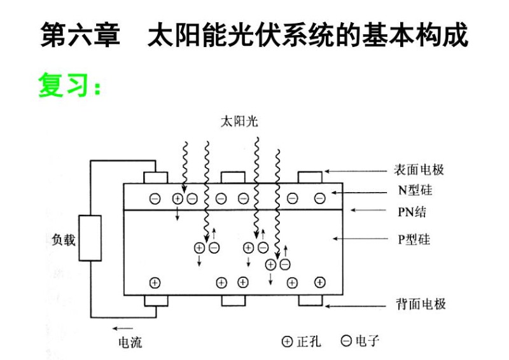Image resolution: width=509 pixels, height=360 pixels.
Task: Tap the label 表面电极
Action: pyautogui.click(x=419, y=170)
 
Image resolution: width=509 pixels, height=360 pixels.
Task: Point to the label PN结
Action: pyautogui.click(x=412, y=211)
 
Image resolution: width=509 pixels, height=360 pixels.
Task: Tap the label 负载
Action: pyautogui.click(x=64, y=240)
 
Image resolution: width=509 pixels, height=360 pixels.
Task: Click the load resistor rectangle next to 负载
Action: pyautogui.click(x=90, y=239)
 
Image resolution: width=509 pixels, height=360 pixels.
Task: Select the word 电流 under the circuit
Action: pyautogui.click(x=130, y=343)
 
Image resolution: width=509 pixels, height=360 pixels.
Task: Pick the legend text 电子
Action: pyautogui.click(x=368, y=342)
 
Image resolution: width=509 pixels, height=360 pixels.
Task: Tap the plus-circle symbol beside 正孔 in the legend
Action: pyautogui.click(x=288, y=342)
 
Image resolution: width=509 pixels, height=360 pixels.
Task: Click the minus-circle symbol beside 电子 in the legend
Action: pyautogui.click(x=346, y=342)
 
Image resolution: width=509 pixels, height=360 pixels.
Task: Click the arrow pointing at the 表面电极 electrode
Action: pyautogui.click(x=356, y=170)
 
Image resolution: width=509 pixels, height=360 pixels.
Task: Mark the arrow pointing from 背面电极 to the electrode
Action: pyautogui.click(x=356, y=305)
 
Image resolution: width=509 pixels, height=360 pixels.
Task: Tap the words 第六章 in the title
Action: pyautogui.click(x=80, y=36)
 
